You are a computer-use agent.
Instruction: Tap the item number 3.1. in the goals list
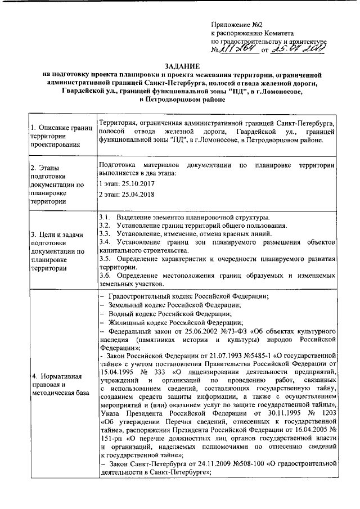point(105,217)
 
